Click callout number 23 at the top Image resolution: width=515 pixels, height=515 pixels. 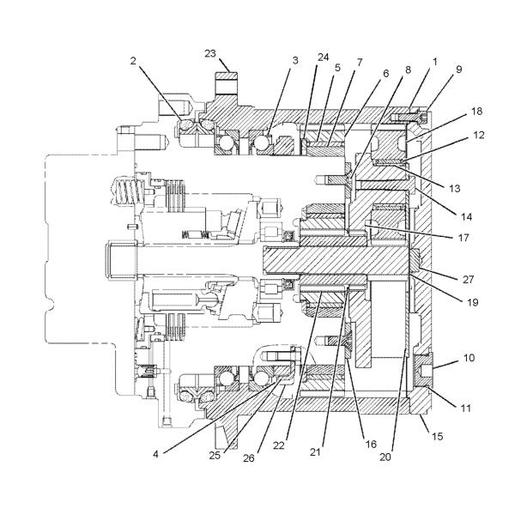pos(210,53)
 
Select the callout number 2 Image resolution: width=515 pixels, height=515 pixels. pos(133,61)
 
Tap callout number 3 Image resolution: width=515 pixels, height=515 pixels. pos(295,60)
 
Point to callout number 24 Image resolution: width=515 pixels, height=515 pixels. pos(324,58)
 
